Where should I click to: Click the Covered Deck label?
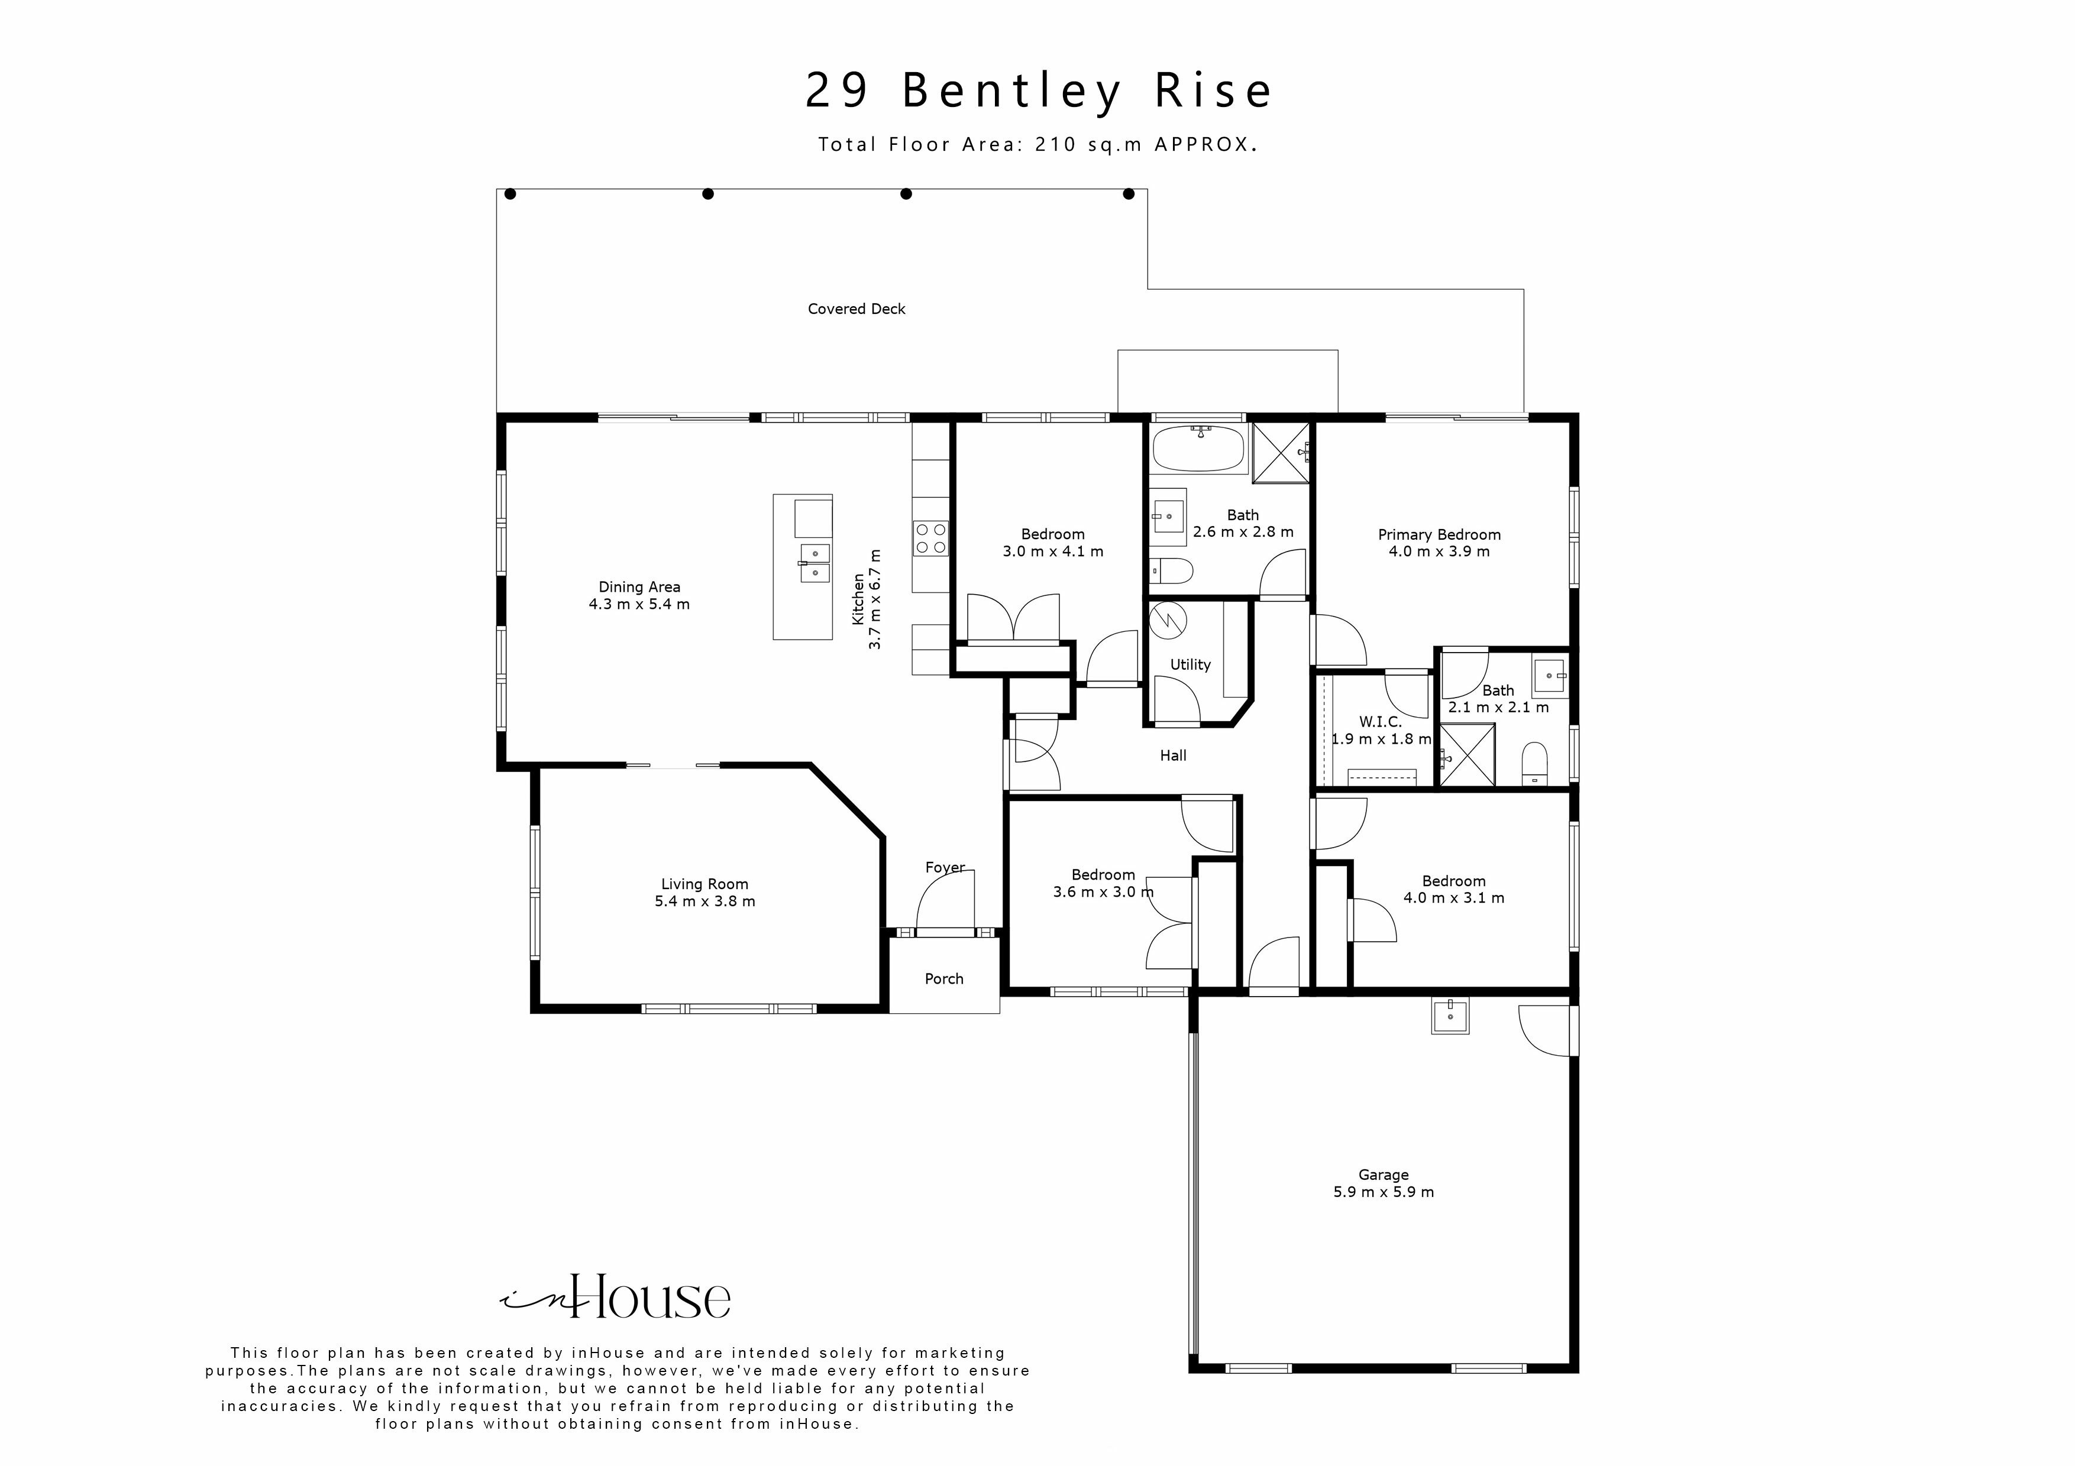click(856, 309)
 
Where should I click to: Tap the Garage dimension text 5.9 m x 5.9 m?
click(1383, 1192)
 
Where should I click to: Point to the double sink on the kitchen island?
click(815, 563)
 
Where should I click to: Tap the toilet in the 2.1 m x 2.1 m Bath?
click(1534, 763)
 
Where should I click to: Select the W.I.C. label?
click(1380, 722)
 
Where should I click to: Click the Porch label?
click(943, 979)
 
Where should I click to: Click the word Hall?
click(1173, 756)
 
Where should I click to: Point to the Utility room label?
click(1190, 665)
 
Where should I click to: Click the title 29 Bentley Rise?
click(1039, 90)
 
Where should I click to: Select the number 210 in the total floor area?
click(1056, 144)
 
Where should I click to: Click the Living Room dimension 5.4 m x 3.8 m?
click(705, 901)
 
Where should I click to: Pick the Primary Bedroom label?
click(1439, 535)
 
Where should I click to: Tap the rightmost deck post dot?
click(1128, 193)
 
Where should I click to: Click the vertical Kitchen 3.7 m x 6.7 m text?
click(866, 599)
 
